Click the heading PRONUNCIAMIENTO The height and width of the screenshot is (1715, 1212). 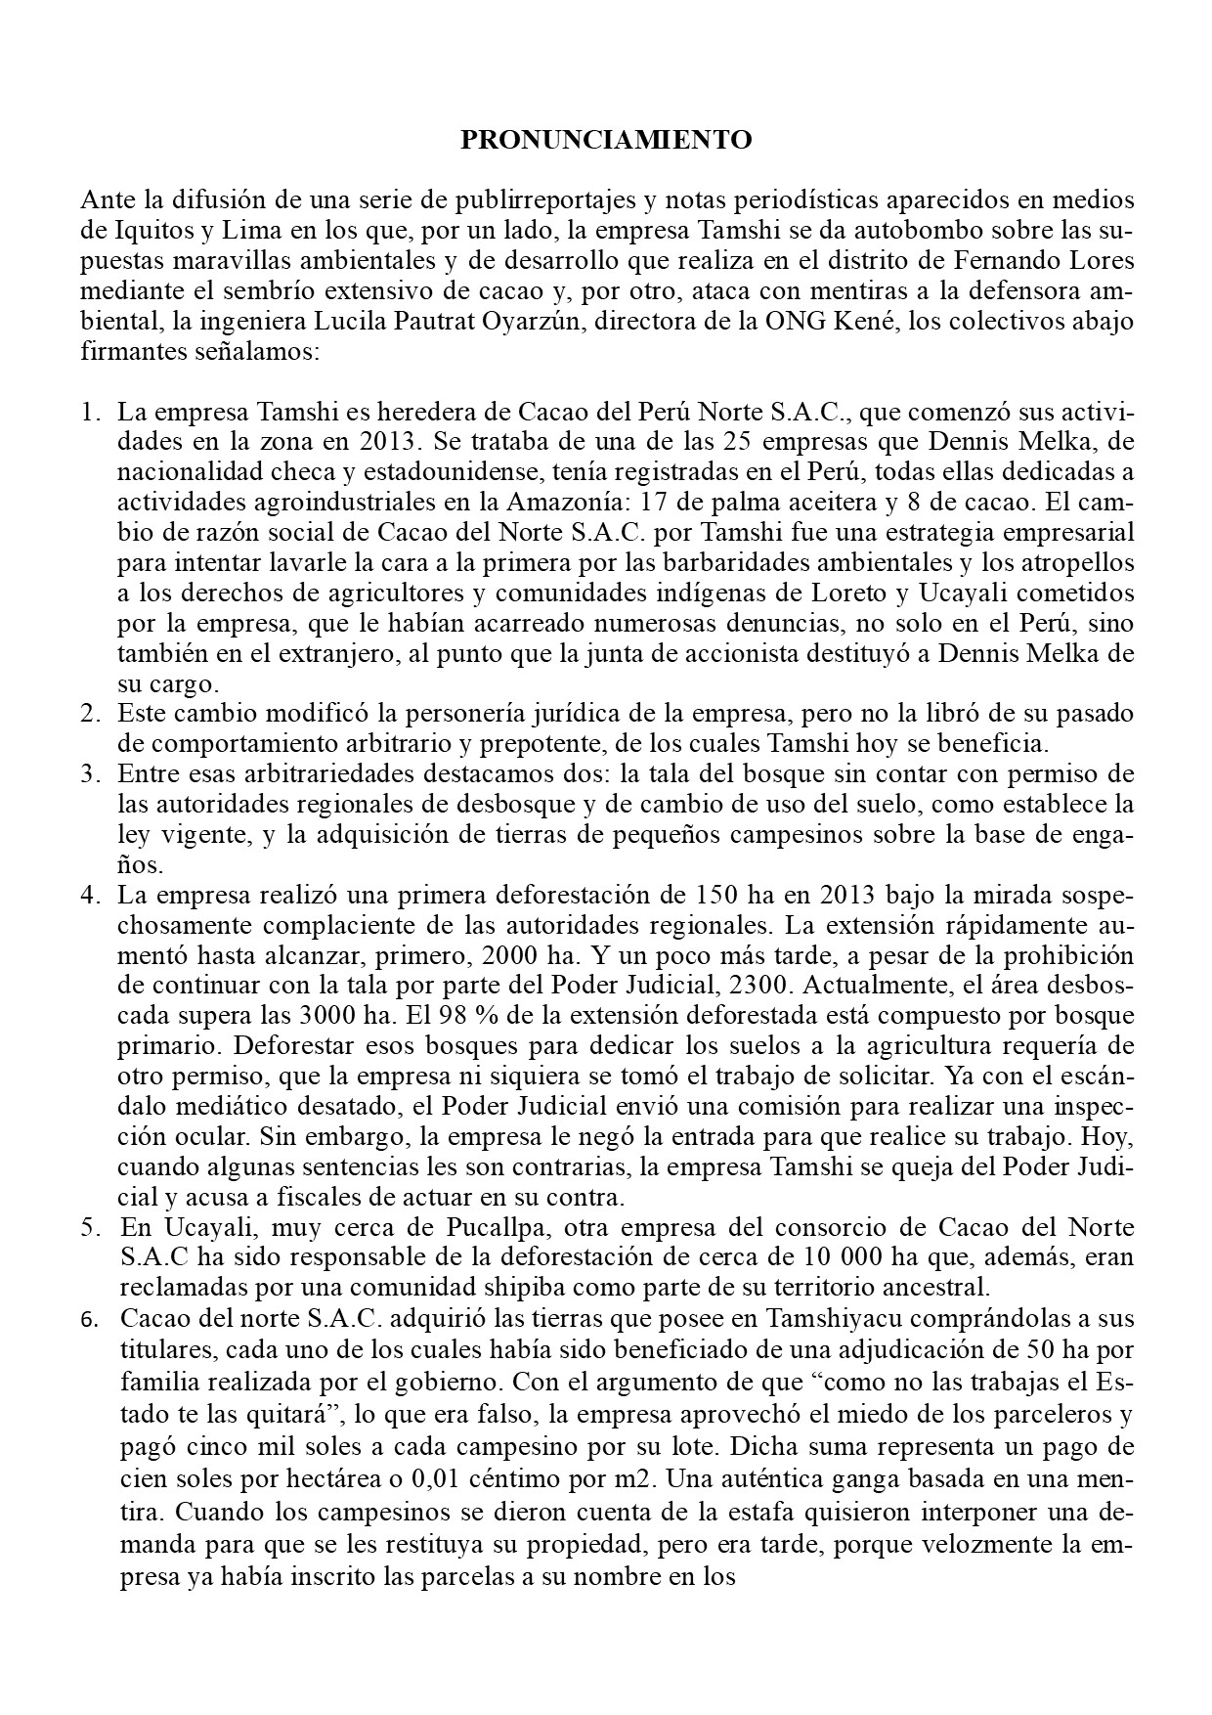tap(606, 140)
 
